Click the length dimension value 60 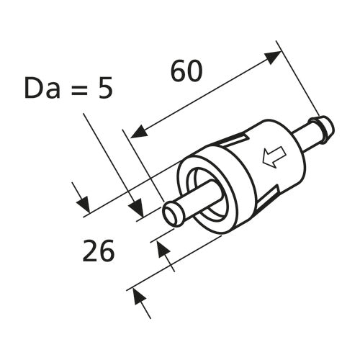tap(186, 71)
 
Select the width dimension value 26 tap(99, 251)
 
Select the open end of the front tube tap(172, 213)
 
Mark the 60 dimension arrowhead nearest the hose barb tap(274, 57)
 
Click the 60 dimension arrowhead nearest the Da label tap(137, 132)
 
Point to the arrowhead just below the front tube tap(163, 250)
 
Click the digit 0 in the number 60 tap(196, 71)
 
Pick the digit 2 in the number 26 tap(90, 251)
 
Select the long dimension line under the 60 tap(205, 94)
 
